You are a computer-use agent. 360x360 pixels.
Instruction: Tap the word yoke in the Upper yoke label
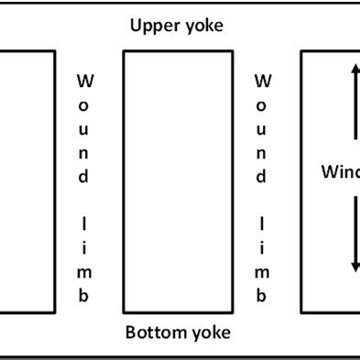(202, 26)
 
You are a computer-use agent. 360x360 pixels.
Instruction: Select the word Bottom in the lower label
(151, 332)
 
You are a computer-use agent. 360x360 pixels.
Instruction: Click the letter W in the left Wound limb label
(83, 82)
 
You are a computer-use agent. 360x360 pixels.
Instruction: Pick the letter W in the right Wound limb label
(261, 82)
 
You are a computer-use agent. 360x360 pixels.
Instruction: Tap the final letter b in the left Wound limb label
(83, 296)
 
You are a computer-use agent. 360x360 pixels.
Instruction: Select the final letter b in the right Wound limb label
(261, 296)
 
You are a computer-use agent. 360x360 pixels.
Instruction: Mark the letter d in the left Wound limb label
(83, 177)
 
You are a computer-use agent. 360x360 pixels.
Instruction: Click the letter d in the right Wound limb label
(261, 177)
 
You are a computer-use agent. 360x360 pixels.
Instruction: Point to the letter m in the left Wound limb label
(83, 272)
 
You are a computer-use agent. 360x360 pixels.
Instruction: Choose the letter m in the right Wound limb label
(261, 272)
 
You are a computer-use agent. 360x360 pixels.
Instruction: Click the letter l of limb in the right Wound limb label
(261, 224)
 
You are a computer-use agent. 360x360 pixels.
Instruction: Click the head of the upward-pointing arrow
(353, 69)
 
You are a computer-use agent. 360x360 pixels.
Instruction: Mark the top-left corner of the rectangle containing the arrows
(302, 51)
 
